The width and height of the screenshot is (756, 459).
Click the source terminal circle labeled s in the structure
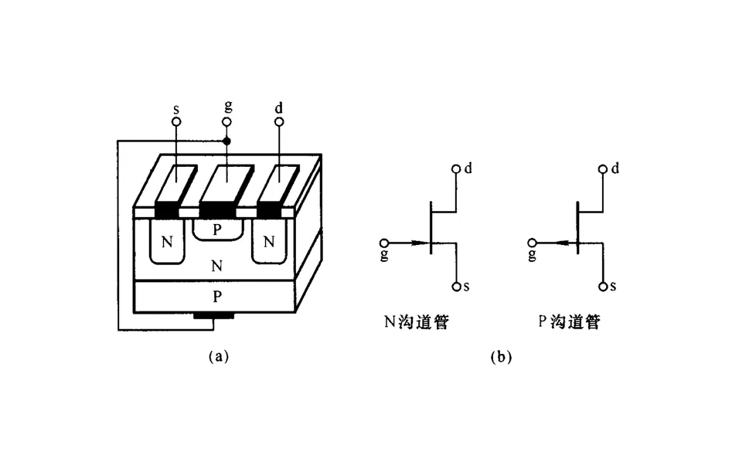(x=176, y=122)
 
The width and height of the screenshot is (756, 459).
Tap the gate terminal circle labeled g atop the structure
(x=227, y=122)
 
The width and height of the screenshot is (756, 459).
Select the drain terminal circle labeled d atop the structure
(x=279, y=122)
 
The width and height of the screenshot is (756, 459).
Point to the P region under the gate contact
(x=217, y=229)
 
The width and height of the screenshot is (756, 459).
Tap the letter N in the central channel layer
(x=217, y=267)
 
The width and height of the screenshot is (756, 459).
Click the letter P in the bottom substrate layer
(x=217, y=297)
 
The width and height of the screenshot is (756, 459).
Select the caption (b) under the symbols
(x=500, y=357)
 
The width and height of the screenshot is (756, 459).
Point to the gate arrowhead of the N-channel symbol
(x=420, y=243)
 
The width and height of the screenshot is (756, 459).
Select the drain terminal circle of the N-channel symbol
(x=457, y=168)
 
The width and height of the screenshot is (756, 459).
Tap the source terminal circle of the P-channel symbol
(x=603, y=287)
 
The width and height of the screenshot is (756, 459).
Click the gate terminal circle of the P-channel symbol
(x=532, y=243)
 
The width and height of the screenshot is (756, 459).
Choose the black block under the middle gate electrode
(x=217, y=209)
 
